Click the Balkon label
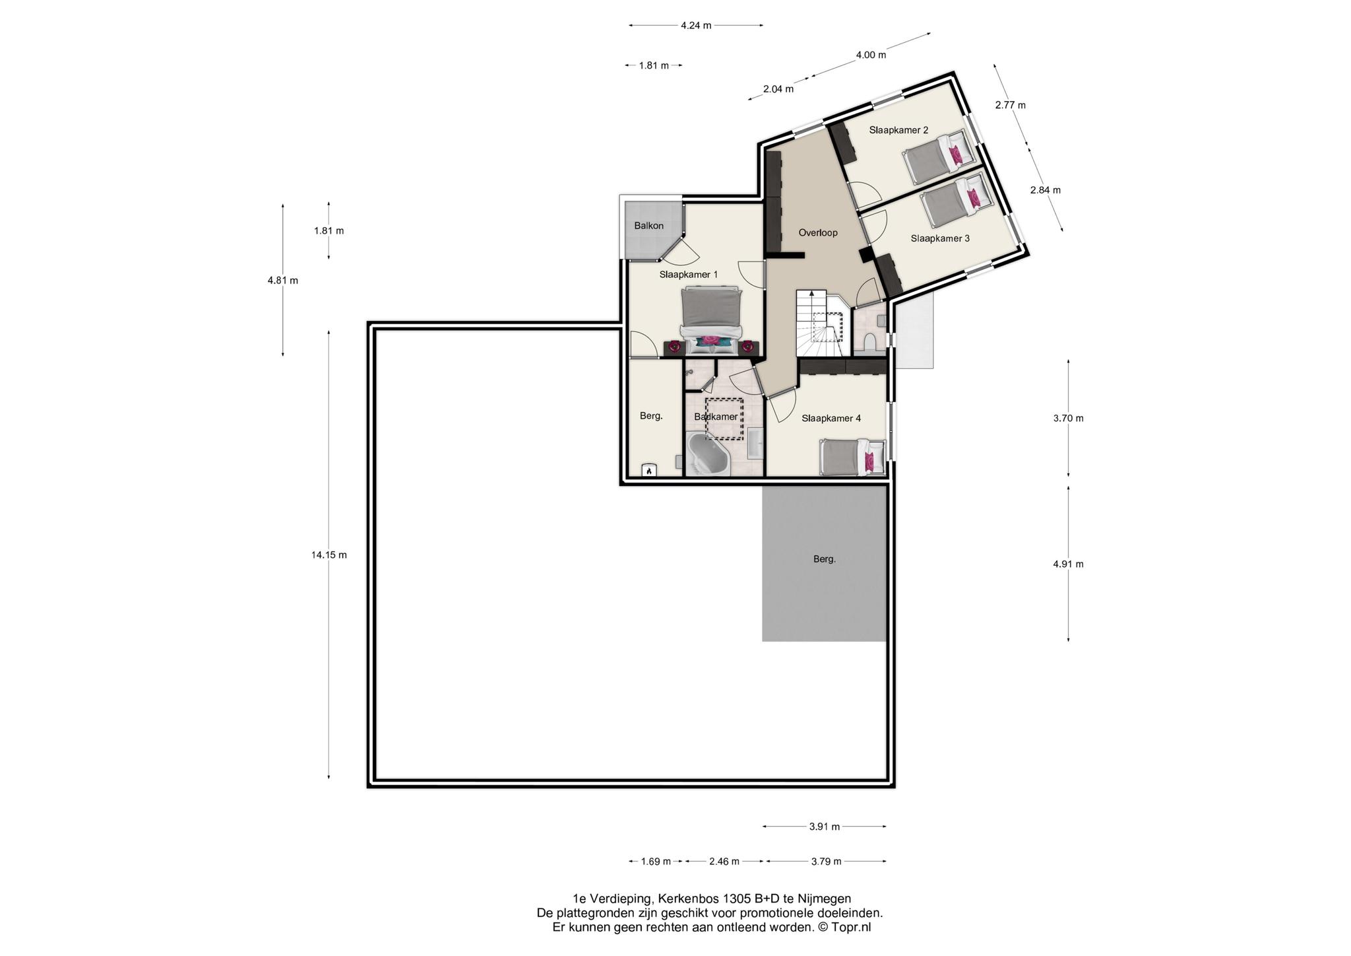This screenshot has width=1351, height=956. pyautogui.click(x=648, y=226)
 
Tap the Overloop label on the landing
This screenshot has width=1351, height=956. pyautogui.click(x=817, y=232)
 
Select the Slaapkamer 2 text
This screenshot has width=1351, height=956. pyautogui.click(x=898, y=130)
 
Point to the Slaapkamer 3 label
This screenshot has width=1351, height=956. pyautogui.click(x=940, y=238)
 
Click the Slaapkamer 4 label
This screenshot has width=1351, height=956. pyautogui.click(x=831, y=418)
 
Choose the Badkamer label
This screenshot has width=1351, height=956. pyautogui.click(x=716, y=417)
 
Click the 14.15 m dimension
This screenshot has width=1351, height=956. pyautogui.click(x=329, y=555)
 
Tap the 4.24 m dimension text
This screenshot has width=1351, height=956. pyautogui.click(x=696, y=26)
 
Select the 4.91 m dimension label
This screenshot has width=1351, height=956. pyautogui.click(x=1068, y=564)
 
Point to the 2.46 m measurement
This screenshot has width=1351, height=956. pyautogui.click(x=724, y=861)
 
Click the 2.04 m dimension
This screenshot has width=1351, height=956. pyautogui.click(x=778, y=89)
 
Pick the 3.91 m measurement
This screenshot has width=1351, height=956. pyautogui.click(x=825, y=827)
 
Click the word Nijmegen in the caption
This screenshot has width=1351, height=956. pyautogui.click(x=825, y=899)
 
